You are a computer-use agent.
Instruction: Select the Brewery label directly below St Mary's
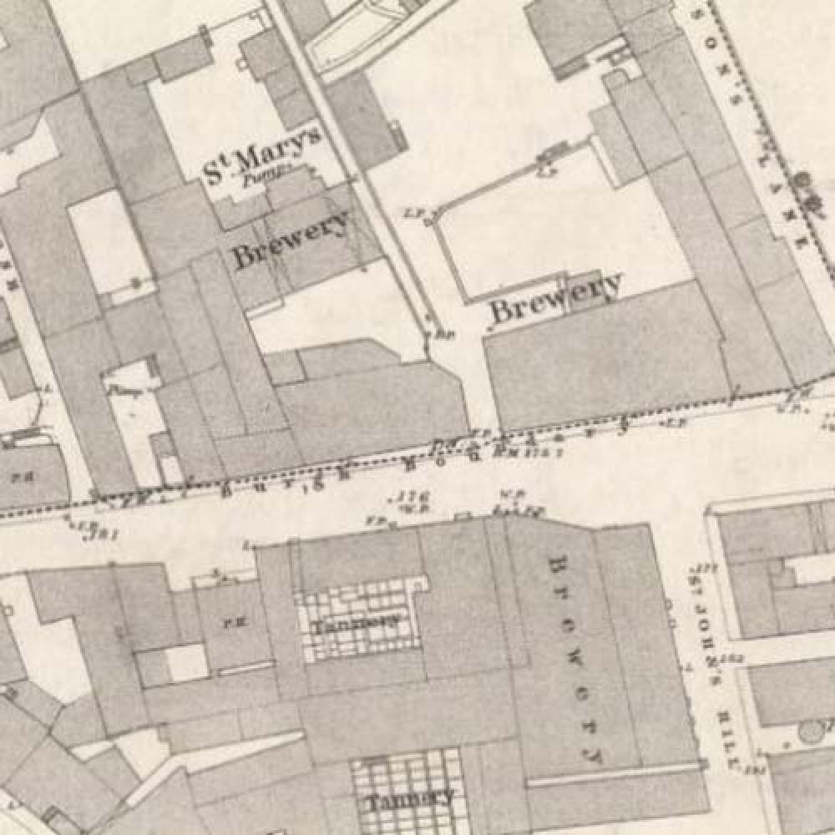click(291, 240)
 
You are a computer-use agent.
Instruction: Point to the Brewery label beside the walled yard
click(556, 297)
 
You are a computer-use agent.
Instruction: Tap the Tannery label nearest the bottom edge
click(409, 797)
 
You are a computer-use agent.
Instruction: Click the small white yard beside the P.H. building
click(185, 662)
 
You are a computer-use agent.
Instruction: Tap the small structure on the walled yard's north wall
click(549, 157)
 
